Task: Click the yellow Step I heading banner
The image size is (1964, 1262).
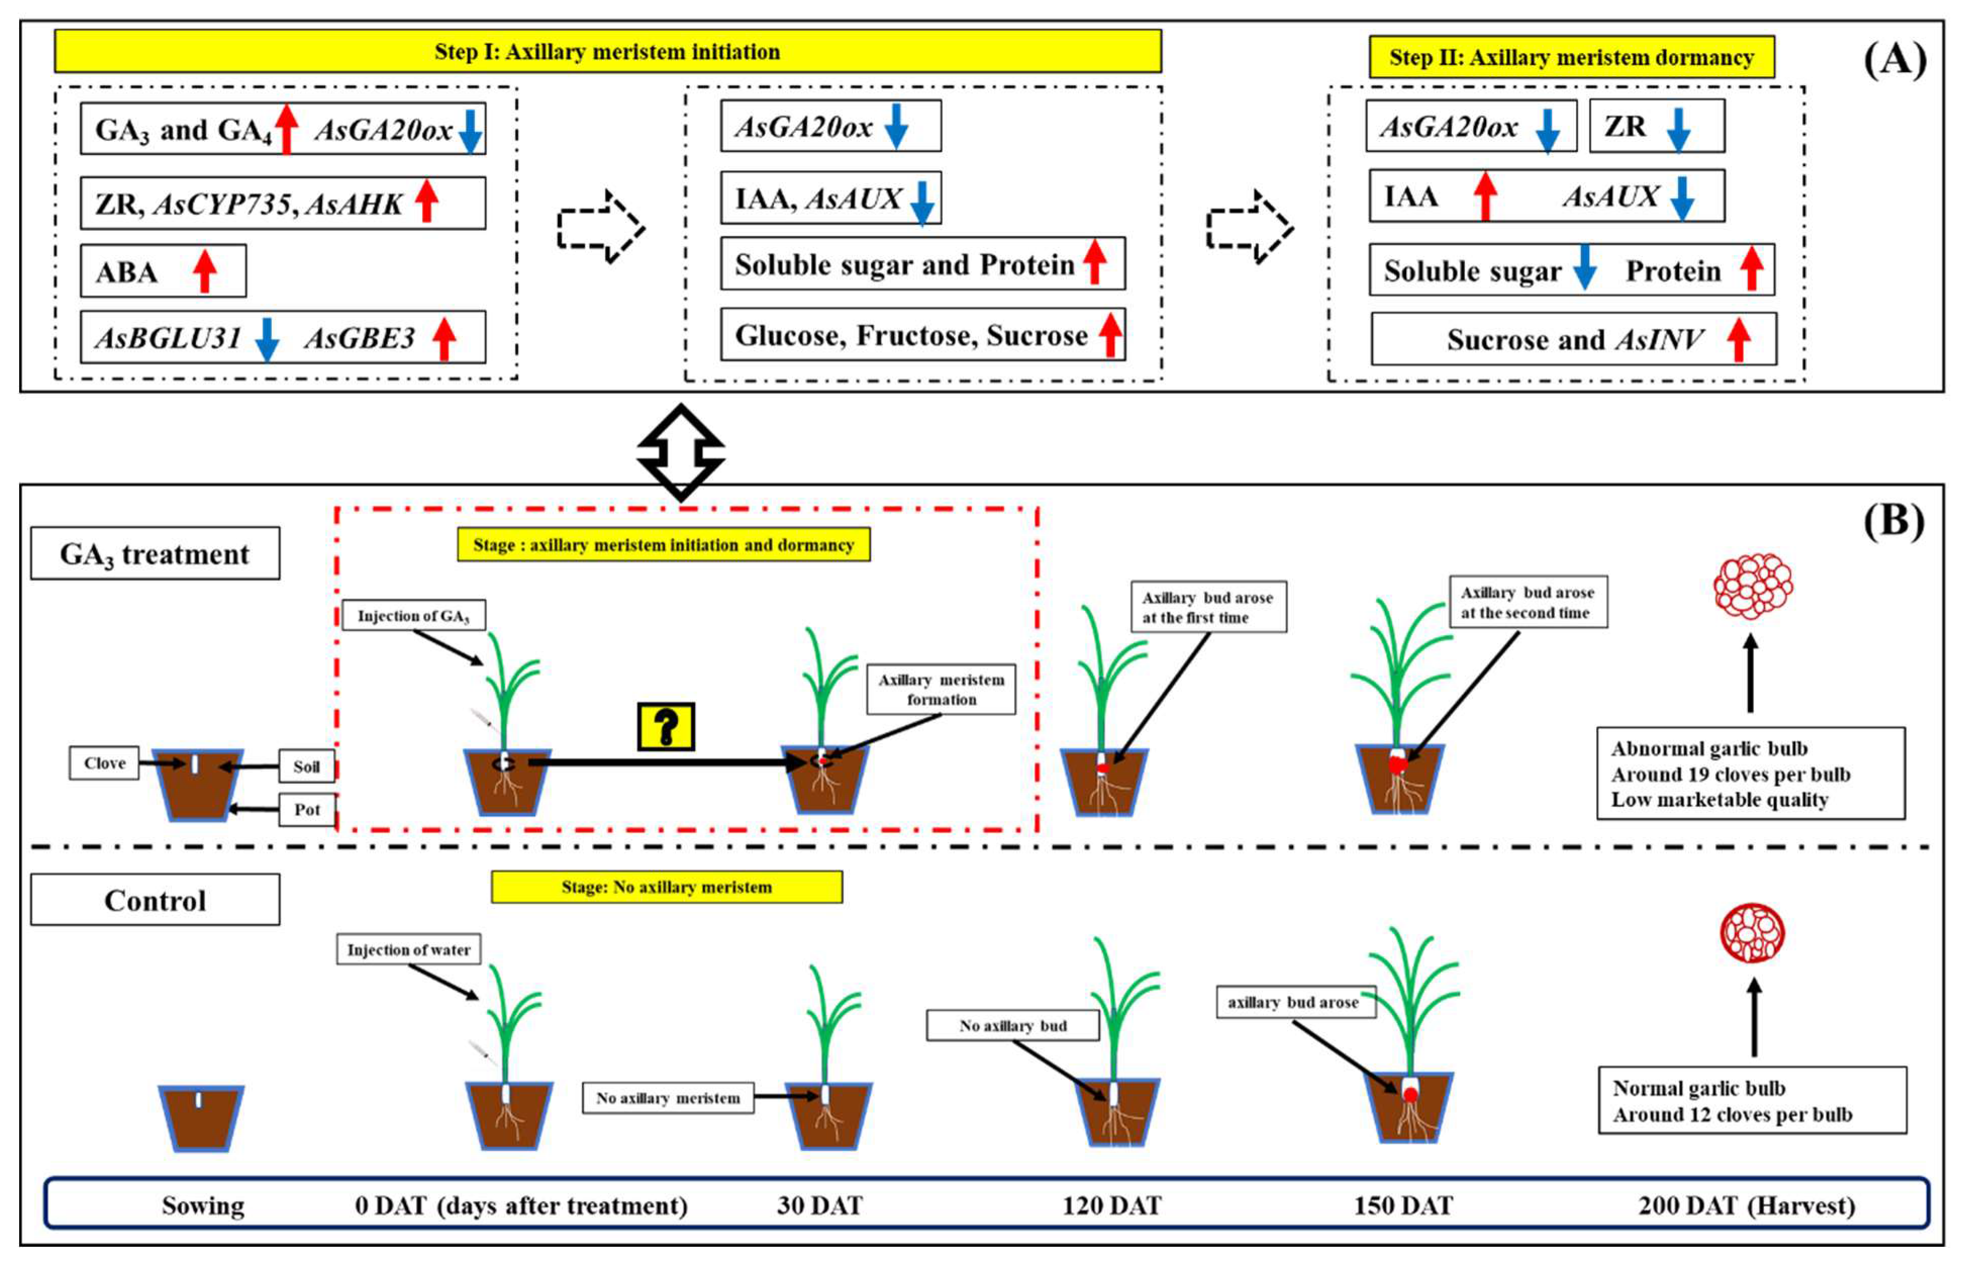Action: pyautogui.click(x=607, y=52)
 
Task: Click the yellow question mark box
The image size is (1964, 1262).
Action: pyautogui.click(x=666, y=726)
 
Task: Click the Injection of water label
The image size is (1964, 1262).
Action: pyautogui.click(x=408, y=950)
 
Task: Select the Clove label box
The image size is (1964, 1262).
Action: pyautogui.click(x=104, y=763)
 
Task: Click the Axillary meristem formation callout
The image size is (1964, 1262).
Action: pyautogui.click(x=941, y=689)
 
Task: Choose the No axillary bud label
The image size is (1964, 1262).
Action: pyautogui.click(x=1012, y=1025)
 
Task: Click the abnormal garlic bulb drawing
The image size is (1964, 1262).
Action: pyautogui.click(x=1752, y=585)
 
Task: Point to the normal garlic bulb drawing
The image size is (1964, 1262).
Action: pyautogui.click(x=1752, y=933)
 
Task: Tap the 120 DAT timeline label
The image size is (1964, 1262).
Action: pyautogui.click(x=1111, y=1205)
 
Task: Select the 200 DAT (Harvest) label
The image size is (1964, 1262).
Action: pyautogui.click(x=1746, y=1205)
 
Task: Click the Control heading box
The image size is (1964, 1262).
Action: pyautogui.click(x=155, y=900)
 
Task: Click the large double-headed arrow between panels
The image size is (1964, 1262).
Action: pyautogui.click(x=680, y=451)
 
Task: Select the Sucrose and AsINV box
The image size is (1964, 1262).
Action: pyautogui.click(x=1573, y=339)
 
